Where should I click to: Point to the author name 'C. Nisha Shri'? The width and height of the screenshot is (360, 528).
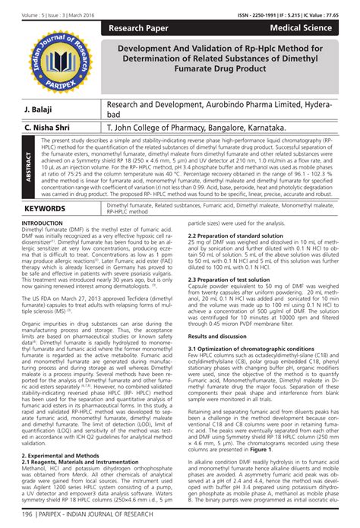[x=48, y=128]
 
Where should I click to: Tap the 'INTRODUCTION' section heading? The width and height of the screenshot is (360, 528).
[x=43, y=223]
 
